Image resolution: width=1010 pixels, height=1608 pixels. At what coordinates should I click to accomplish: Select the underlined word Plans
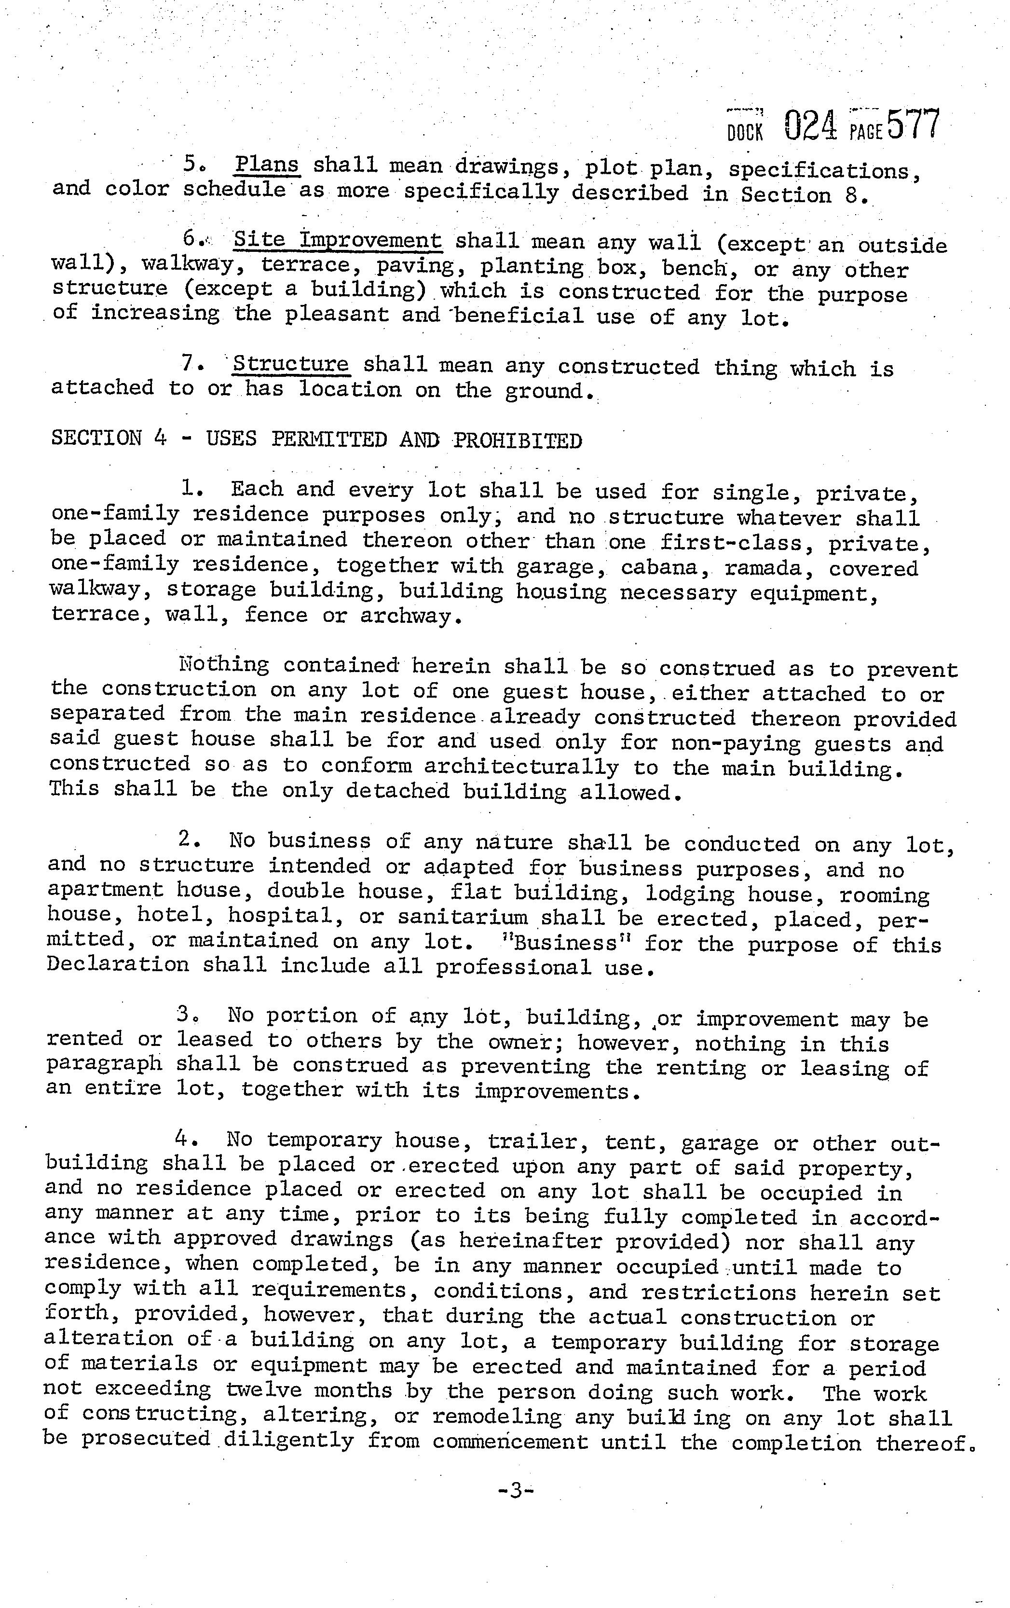(x=268, y=164)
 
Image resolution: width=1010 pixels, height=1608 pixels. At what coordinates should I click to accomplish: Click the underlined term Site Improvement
(x=337, y=240)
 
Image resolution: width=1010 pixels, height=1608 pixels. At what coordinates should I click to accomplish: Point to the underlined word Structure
(x=290, y=365)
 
